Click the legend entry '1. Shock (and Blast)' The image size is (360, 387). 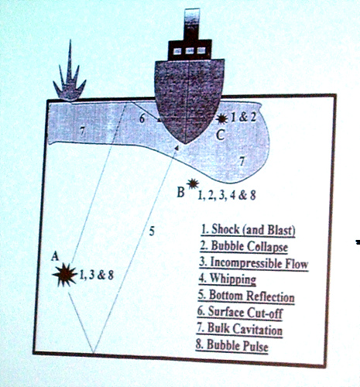(x=248, y=229)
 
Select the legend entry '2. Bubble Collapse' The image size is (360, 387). (x=244, y=246)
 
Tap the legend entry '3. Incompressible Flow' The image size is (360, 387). (x=254, y=263)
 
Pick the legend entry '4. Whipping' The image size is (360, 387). (x=228, y=279)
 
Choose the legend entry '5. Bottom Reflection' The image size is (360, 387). (x=246, y=296)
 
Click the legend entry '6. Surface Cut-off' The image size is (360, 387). (x=240, y=312)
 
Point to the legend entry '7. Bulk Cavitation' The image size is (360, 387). (x=239, y=329)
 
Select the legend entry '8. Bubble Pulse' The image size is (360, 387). (x=232, y=345)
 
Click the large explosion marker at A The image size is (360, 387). (x=65, y=275)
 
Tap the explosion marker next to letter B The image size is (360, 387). (x=193, y=184)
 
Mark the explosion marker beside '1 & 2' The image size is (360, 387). (x=221, y=118)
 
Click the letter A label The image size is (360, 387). (x=55, y=256)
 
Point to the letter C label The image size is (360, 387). (x=220, y=135)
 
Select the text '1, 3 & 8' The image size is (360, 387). (x=96, y=275)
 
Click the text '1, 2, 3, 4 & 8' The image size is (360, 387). (x=227, y=195)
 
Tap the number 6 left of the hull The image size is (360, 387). (x=142, y=118)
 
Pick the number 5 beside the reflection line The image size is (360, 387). (x=152, y=231)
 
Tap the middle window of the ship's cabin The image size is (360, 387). (x=190, y=51)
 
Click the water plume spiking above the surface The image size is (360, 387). (x=69, y=77)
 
